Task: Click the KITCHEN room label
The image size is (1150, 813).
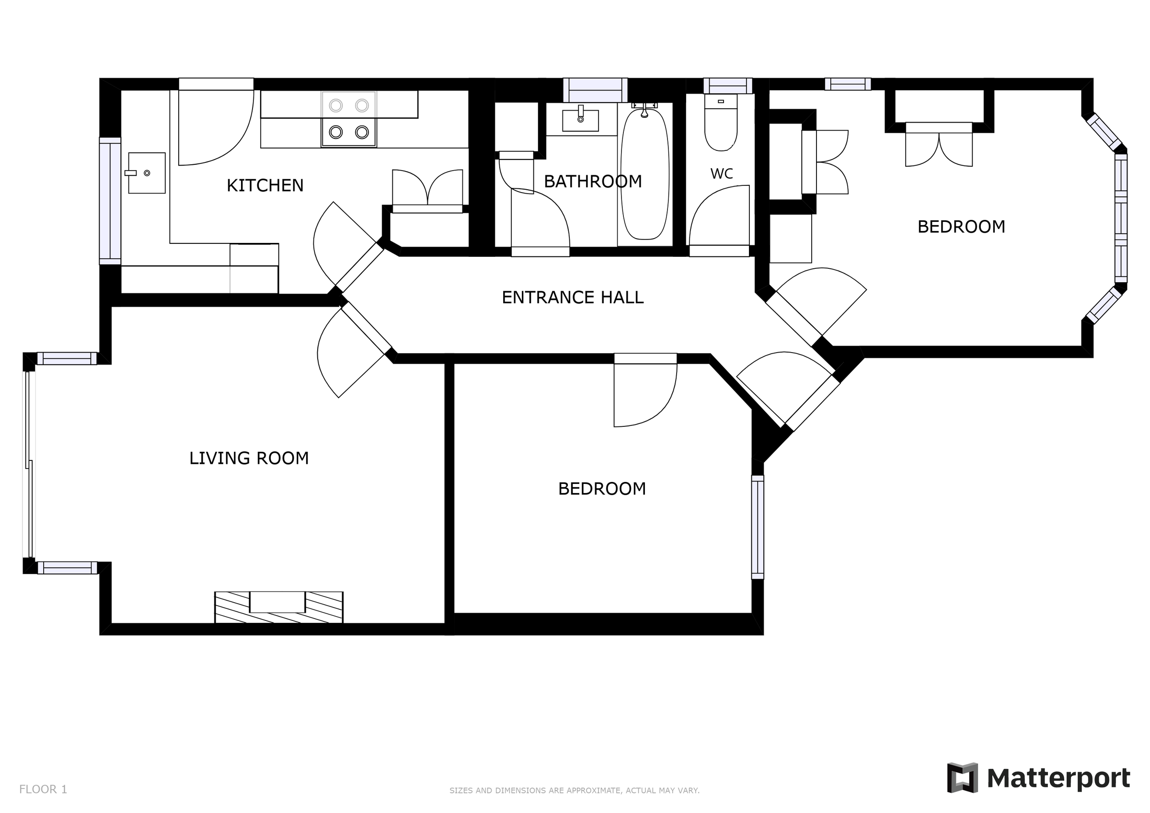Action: coord(265,186)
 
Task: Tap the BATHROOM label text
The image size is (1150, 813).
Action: coord(593,182)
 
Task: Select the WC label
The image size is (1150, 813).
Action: coord(721,174)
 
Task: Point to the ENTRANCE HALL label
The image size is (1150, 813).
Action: coord(573,298)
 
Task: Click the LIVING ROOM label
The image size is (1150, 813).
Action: coord(249,458)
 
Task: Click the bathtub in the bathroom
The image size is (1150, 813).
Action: coord(644,174)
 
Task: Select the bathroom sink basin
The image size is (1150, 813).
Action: coord(580,121)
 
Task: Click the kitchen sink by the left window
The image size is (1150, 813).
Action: coord(147,173)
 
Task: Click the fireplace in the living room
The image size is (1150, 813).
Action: coord(278,607)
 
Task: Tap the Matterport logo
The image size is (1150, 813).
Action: coord(1038,778)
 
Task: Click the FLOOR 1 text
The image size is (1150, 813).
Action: coord(43,790)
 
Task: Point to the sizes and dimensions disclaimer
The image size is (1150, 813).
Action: coord(574,790)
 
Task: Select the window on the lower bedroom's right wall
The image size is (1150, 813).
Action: coord(757,527)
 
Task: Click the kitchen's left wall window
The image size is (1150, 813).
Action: coord(110,200)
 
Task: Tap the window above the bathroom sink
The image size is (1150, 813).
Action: coord(595,90)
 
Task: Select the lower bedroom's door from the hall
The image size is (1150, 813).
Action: coord(645,391)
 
